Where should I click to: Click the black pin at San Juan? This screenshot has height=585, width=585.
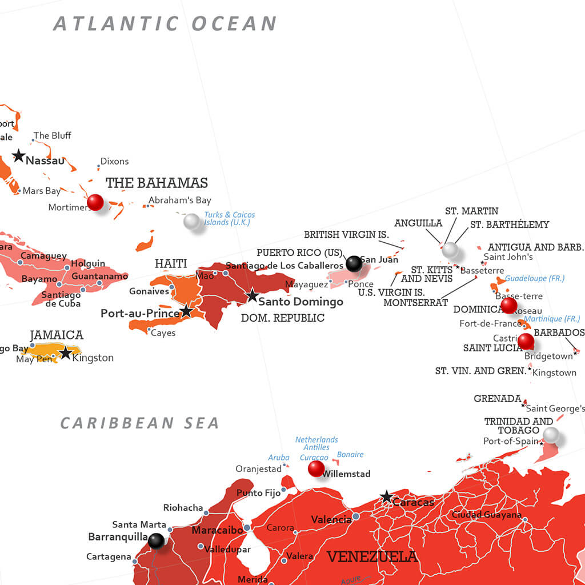(x=354, y=263)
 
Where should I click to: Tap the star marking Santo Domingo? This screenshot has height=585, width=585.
(x=252, y=295)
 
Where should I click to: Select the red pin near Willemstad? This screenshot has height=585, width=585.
(x=316, y=468)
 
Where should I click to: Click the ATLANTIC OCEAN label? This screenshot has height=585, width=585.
(x=165, y=24)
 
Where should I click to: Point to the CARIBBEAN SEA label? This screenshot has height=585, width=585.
(x=140, y=423)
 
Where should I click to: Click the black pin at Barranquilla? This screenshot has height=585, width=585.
(x=156, y=540)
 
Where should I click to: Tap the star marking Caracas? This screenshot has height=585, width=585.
(x=387, y=496)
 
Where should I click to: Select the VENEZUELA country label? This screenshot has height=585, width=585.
(x=372, y=556)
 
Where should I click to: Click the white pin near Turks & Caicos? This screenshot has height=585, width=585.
(x=191, y=221)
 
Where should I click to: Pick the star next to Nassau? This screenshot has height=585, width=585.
(x=19, y=155)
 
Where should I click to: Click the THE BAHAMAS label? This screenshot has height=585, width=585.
(x=157, y=183)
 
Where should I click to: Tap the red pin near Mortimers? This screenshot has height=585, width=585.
(x=95, y=202)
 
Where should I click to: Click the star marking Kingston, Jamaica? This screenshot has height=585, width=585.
(x=65, y=353)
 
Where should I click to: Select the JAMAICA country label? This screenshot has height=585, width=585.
(x=57, y=335)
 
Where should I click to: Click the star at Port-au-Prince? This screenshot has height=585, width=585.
(x=186, y=311)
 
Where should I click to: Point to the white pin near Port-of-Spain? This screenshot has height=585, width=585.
(x=551, y=435)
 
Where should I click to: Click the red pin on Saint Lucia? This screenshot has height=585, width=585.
(x=526, y=342)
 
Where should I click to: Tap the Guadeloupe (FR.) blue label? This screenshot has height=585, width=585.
(x=535, y=278)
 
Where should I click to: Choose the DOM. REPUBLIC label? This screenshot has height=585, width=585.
(x=282, y=318)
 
